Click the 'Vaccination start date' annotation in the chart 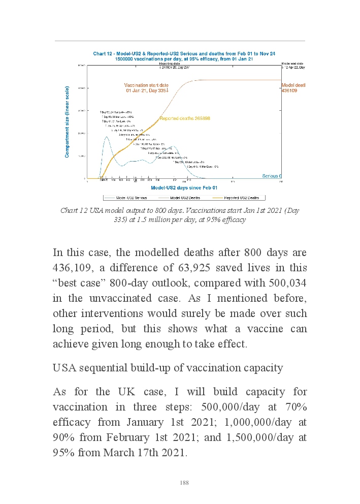[x=146, y=85]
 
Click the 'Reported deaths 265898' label [x=185, y=118]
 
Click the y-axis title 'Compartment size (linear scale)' [x=67, y=121]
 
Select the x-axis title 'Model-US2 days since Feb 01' [x=184, y=188]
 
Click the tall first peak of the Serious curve [x=107, y=137]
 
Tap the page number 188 [x=184, y=483]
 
